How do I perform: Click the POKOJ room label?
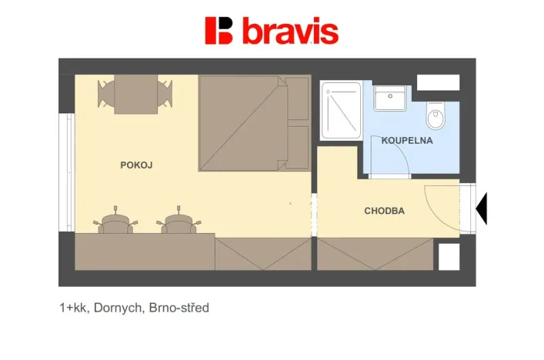click(x=136, y=165)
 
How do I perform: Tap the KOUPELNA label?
click(x=407, y=141)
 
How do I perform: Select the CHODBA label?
click(x=385, y=211)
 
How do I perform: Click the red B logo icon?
click(x=219, y=30)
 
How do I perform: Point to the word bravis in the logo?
click(x=290, y=32)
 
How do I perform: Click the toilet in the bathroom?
click(x=436, y=118)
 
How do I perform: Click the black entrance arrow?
click(x=482, y=208)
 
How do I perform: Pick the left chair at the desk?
click(x=115, y=222)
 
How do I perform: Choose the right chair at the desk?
click(x=179, y=222)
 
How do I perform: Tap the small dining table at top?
click(x=135, y=94)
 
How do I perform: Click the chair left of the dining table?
click(x=105, y=93)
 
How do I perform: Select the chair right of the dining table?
click(x=165, y=93)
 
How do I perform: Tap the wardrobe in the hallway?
click(x=375, y=254)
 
